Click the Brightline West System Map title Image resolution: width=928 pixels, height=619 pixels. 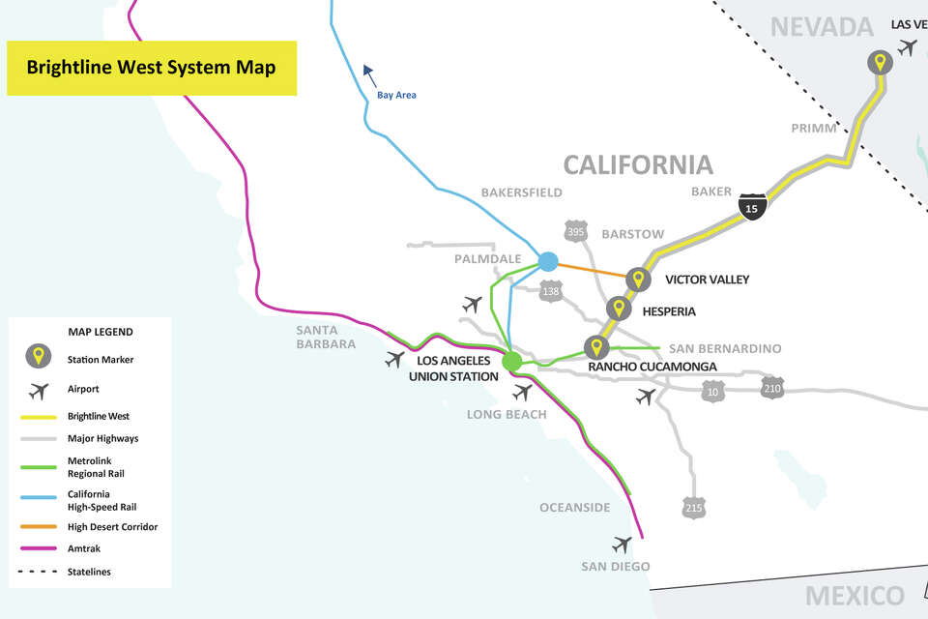tap(151, 68)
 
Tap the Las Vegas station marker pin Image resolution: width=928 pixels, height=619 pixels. tap(879, 64)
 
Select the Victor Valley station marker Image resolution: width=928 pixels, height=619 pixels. tap(636, 279)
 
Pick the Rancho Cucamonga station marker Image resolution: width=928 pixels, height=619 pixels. tap(596, 346)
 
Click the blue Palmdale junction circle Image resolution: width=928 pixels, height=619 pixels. tap(548, 261)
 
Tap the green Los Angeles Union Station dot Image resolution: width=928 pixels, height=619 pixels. tap(512, 362)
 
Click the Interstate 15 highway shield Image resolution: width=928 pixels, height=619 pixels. tap(752, 205)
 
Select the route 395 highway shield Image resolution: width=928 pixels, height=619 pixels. tap(575, 232)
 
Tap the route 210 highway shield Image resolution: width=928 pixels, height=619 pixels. tap(771, 389)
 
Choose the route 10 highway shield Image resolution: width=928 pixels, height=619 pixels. tap(712, 390)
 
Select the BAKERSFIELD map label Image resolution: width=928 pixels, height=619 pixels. tap(521, 192)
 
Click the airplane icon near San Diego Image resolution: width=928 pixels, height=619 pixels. tap(622, 545)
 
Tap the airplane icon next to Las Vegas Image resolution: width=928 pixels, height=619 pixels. tap(907, 46)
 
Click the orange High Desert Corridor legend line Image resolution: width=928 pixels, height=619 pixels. tap(38, 527)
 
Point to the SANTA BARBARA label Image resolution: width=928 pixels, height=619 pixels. tap(326, 336)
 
